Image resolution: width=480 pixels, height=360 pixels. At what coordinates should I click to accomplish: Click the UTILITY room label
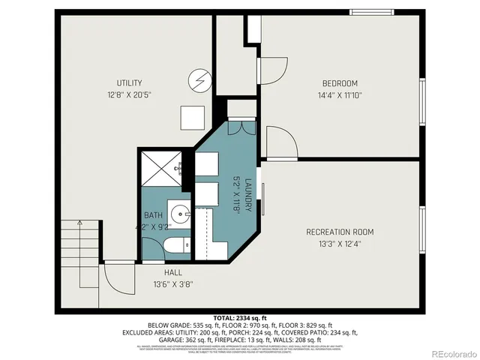coord(129,82)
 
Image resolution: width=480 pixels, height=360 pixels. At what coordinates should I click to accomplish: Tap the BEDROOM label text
coord(340,82)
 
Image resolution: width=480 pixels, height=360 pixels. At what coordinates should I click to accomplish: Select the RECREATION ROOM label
coord(340,232)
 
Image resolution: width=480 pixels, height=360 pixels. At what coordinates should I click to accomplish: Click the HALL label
coord(173,273)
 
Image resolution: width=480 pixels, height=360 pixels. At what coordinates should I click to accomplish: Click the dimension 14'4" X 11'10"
coord(340,95)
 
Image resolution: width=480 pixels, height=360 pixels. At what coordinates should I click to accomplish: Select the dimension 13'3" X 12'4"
coord(340,243)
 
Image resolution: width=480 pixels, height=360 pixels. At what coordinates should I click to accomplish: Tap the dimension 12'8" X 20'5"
coord(129,95)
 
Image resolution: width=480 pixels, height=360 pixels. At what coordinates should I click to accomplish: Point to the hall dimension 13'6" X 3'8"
coord(173,284)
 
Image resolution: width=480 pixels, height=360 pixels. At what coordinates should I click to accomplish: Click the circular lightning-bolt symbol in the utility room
coord(199,79)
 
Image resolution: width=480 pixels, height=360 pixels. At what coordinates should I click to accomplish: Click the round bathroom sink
coord(178,212)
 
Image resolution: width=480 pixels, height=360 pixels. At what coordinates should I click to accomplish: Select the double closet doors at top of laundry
coord(241,127)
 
